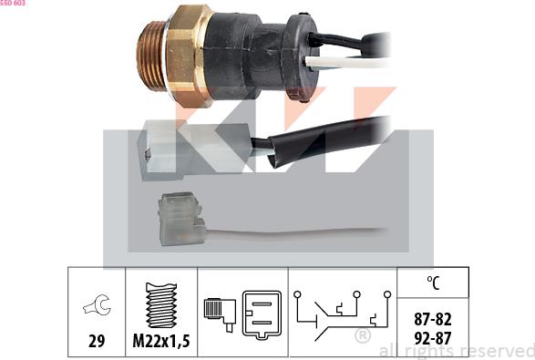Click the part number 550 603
(x=13, y=3)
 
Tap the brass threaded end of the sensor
(x=150, y=56)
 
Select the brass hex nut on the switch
(x=189, y=56)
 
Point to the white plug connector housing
(x=194, y=150)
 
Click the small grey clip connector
(x=181, y=219)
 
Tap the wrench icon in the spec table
(x=98, y=304)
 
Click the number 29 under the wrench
(x=97, y=341)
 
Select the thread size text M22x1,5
(x=161, y=341)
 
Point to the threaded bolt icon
(x=161, y=305)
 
